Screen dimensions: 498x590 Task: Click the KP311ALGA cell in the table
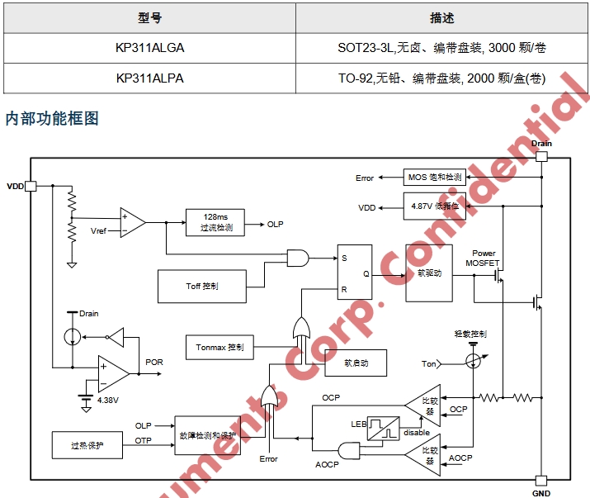150,48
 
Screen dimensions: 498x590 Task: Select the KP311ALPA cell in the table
150,78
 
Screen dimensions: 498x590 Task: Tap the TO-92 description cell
441,78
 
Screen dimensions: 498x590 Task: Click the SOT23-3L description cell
441,48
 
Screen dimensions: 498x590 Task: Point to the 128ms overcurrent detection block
215,222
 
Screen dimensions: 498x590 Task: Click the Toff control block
202,286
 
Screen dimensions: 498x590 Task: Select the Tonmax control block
219,347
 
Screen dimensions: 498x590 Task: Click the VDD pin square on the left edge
31,186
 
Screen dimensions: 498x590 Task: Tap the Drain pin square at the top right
541,156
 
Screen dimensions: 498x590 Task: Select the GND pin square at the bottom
541,481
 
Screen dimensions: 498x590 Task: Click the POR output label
154,363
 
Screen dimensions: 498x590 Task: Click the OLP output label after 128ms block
276,224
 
